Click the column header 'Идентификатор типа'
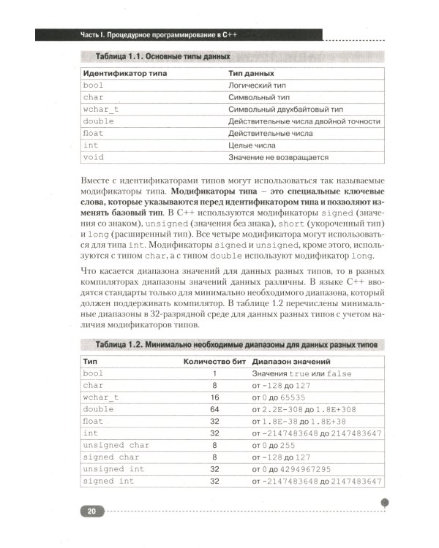(x=125, y=74)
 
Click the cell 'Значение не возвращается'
(x=278, y=157)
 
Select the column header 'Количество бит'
(x=213, y=361)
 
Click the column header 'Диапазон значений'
(x=292, y=361)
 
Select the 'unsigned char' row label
(x=116, y=445)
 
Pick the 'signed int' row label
(x=108, y=482)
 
